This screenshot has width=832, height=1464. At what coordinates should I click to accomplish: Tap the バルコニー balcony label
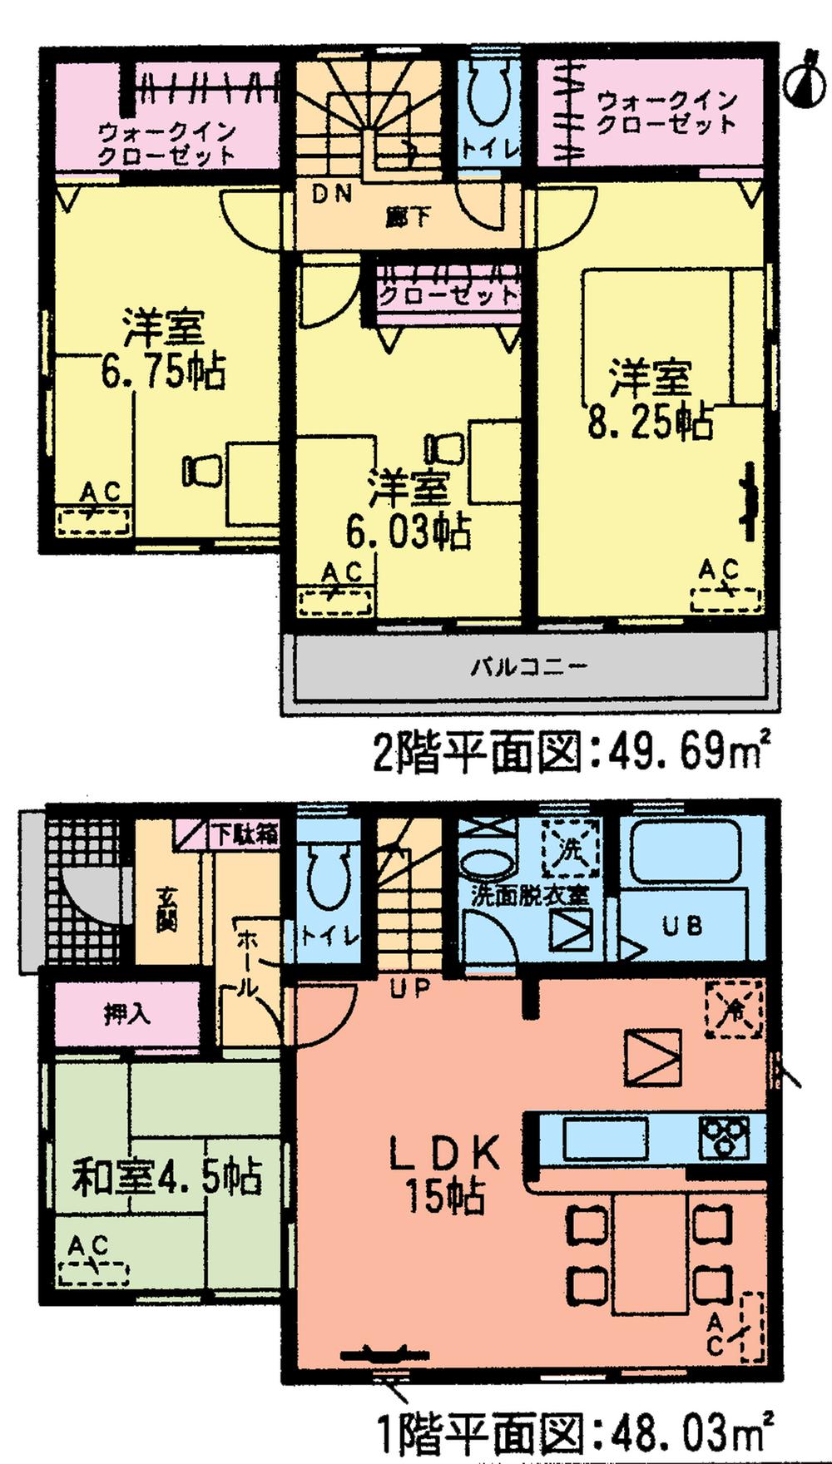click(529, 666)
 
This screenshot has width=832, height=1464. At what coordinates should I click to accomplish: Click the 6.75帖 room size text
click(163, 372)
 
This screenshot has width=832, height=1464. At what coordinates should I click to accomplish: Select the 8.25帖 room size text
click(650, 422)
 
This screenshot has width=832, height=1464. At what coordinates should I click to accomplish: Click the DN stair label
click(333, 194)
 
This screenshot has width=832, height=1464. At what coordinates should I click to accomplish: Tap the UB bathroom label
click(682, 925)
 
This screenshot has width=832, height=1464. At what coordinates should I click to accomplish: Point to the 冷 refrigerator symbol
click(734, 1009)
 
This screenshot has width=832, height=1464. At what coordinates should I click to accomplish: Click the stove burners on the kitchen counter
click(724, 1137)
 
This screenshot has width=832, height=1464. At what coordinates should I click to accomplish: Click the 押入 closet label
click(126, 1013)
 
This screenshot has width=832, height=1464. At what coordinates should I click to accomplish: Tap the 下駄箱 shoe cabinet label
click(243, 833)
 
